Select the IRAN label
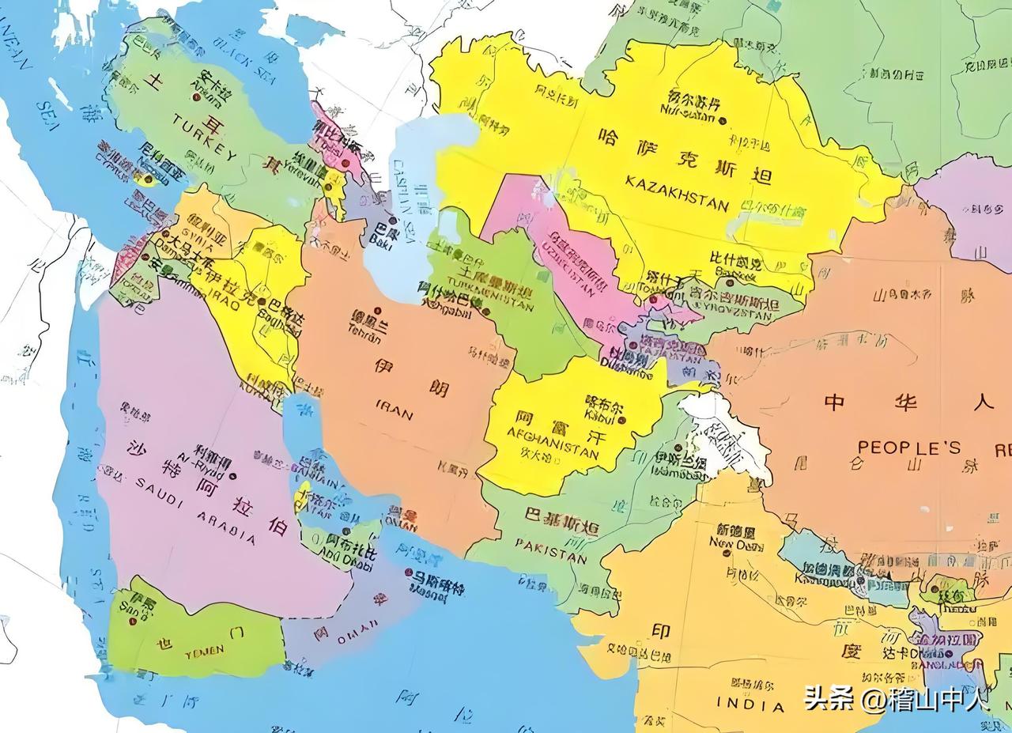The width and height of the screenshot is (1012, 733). [394, 410]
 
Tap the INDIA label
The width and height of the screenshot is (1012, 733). [750, 703]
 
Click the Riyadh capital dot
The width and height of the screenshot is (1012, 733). [229, 476]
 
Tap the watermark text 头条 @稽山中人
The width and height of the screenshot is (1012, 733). [896, 699]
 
